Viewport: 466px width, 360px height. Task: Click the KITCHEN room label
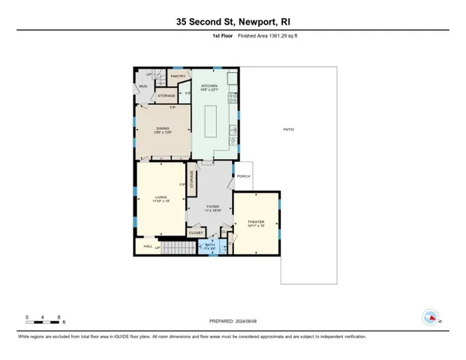(209, 86)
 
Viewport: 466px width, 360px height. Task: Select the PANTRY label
(178, 76)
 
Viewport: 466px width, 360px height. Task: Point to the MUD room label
(143, 86)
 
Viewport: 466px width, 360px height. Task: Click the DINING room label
(163, 129)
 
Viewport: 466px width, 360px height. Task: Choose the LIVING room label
(161, 197)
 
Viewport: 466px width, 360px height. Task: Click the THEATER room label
(256, 222)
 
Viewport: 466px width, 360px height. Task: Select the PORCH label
(243, 177)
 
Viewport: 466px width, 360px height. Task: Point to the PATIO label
(288, 130)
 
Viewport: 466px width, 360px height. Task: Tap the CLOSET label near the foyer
(195, 233)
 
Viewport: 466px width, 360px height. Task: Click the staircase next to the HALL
(174, 248)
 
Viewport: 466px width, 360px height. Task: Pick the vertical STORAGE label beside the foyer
(192, 180)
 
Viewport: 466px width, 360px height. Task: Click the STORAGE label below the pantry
(167, 96)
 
